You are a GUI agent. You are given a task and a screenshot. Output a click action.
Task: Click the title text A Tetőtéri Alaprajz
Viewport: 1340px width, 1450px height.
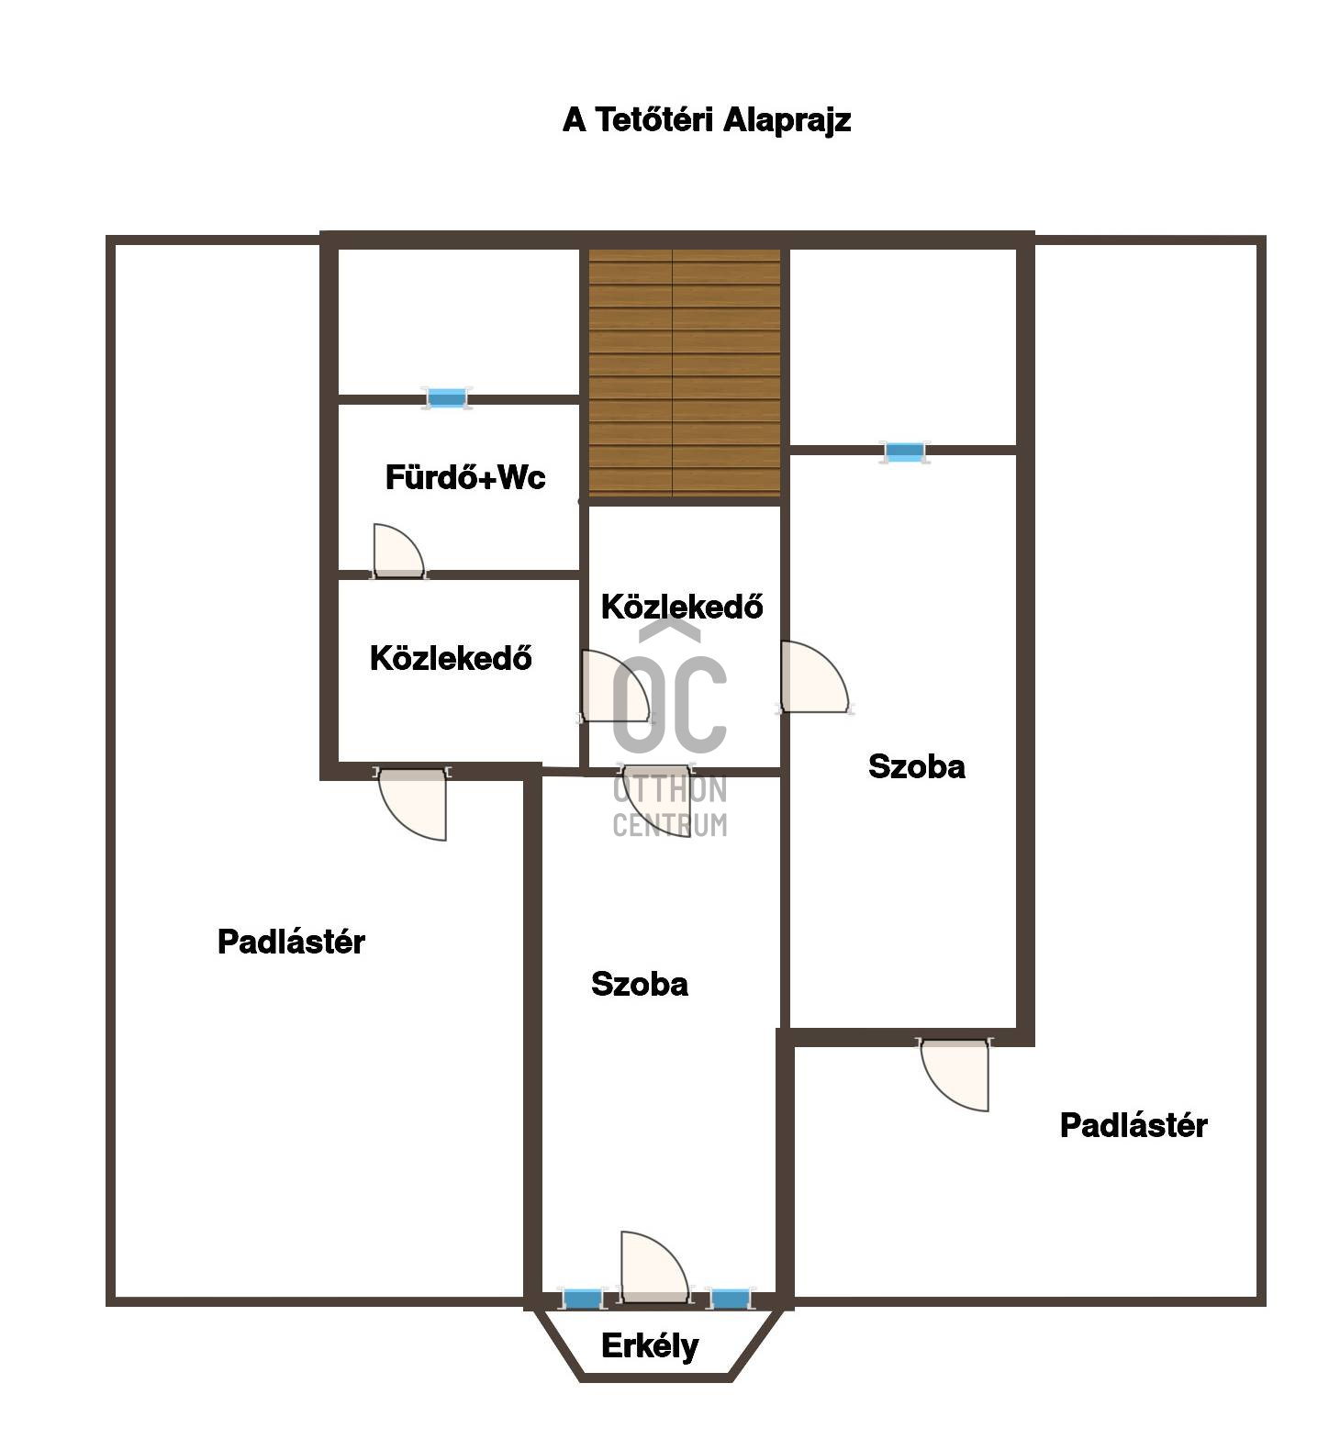click(x=707, y=120)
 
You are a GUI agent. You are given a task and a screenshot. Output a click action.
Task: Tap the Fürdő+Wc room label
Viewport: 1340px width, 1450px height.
click(x=464, y=477)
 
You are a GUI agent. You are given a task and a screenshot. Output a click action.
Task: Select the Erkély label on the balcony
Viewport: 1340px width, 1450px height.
click(x=650, y=1346)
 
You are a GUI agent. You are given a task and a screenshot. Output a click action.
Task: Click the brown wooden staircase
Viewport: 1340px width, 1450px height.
click(x=684, y=373)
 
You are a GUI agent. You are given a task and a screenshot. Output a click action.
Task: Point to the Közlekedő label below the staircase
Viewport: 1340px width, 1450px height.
click(x=682, y=607)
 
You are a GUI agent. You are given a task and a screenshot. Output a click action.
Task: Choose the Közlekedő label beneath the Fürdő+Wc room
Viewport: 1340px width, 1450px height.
click(x=451, y=658)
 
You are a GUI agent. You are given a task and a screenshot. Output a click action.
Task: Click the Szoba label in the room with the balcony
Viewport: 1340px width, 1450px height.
click(x=640, y=984)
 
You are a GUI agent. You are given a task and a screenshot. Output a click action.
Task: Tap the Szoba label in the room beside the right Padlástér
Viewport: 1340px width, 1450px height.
click(x=917, y=766)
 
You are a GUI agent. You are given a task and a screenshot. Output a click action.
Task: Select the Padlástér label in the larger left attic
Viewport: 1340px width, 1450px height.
click(x=291, y=942)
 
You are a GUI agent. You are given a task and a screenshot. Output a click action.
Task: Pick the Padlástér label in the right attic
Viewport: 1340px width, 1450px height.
click(x=1133, y=1125)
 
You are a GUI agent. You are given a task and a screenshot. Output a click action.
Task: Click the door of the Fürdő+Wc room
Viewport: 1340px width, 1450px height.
click(x=398, y=552)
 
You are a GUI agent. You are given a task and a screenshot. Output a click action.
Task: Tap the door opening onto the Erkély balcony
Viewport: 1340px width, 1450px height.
click(x=654, y=1267)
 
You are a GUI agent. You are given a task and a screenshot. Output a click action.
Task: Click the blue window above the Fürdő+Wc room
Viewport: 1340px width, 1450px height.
click(x=447, y=398)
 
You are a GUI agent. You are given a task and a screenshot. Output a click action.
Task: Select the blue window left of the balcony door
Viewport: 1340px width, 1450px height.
click(x=582, y=1299)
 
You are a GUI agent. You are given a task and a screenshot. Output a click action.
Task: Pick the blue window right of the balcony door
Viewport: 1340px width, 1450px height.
click(x=730, y=1299)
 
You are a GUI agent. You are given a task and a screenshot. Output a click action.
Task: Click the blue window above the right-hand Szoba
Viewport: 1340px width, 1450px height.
click(x=905, y=452)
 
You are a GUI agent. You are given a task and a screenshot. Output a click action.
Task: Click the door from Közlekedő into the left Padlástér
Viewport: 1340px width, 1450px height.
click(x=412, y=803)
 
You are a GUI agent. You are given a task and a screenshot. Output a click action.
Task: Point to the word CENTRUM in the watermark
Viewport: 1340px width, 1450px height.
click(x=670, y=825)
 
